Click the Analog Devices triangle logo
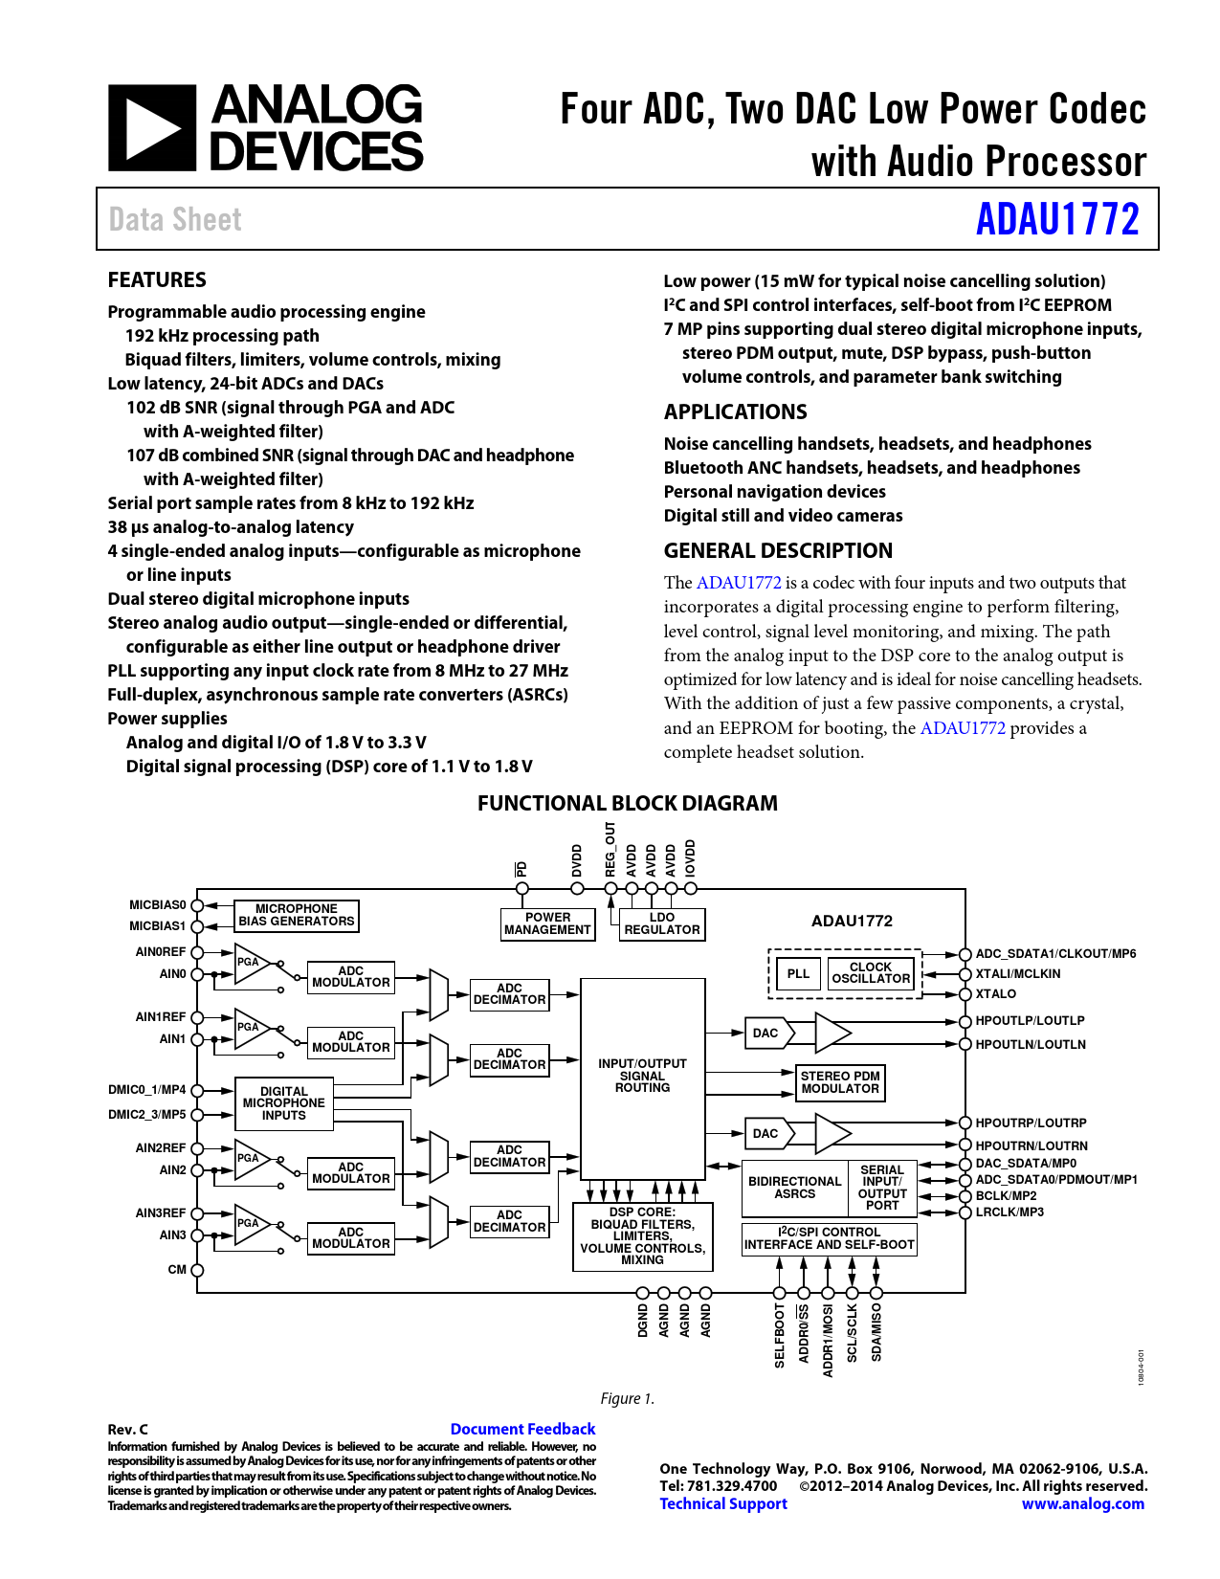pos(152,128)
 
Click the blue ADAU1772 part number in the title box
pos(1057,219)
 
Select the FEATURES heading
pos(157,280)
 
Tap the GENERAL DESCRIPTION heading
pos(778,551)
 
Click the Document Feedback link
pos(522,1429)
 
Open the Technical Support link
pos(722,1503)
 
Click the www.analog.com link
pos(1082,1503)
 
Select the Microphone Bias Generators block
pos(297,916)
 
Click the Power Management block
pos(547,923)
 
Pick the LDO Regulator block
pos(662,923)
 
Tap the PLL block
pos(798,974)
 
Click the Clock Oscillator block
pos(871,973)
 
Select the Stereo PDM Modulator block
pos(840,1082)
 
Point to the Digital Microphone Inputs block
pos(284,1103)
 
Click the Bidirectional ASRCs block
pos(795,1188)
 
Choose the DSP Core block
pos(642,1236)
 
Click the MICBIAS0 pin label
pos(158,905)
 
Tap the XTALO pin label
pos(995,994)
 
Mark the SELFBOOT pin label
pos(780,1335)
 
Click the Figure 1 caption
pos(628,1399)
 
